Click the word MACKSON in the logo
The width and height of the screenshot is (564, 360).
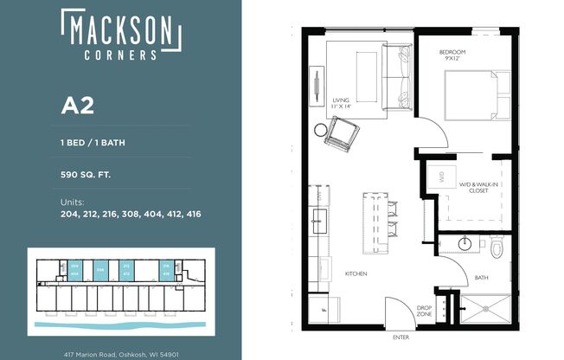(121, 31)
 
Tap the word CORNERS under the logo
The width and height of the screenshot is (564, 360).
(121, 54)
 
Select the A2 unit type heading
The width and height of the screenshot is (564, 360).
(76, 106)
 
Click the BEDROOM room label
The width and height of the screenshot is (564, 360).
(454, 53)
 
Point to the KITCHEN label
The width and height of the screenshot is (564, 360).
(356, 273)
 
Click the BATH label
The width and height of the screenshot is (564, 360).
(481, 278)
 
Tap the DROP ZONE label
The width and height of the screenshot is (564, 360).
(424, 312)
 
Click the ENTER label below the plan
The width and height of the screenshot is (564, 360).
(401, 337)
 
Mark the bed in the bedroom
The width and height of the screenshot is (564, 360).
(471, 95)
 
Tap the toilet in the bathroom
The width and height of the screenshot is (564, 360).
(496, 248)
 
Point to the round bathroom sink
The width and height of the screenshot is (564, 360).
(465, 243)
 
